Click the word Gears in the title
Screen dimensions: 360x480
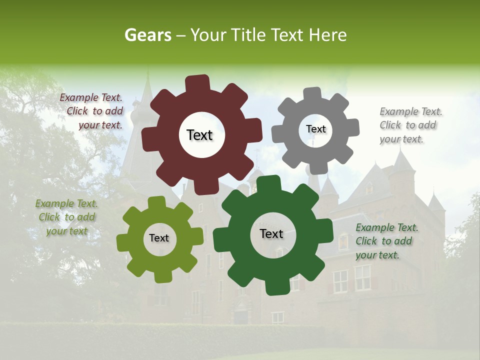coord(147,35)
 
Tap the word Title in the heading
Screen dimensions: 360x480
coord(248,35)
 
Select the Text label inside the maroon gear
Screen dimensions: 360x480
coord(199,135)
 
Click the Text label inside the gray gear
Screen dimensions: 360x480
coord(315,129)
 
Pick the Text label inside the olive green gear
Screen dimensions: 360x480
coord(158,238)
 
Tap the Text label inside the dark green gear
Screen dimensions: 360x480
coord(271,233)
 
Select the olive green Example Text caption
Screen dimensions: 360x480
coord(66,217)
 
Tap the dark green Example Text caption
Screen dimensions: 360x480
coord(386,241)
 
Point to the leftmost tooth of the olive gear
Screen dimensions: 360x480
coord(123,243)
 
